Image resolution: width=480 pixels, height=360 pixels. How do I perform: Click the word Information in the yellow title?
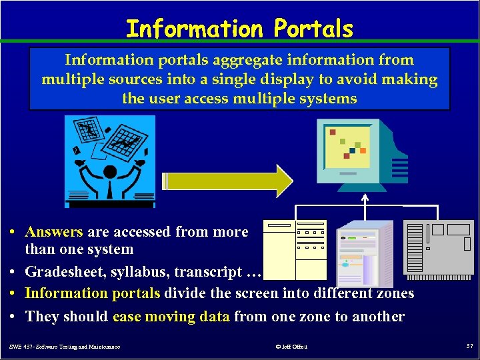click(x=195, y=29)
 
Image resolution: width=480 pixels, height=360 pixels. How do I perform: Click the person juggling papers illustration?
click(x=110, y=160)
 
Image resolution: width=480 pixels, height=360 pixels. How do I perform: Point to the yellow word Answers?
click(x=54, y=232)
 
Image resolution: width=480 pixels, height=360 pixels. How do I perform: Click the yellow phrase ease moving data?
click(x=171, y=317)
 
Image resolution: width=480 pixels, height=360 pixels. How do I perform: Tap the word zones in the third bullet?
click(x=394, y=293)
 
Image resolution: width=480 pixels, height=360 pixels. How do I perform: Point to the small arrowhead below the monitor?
click(x=365, y=197)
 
